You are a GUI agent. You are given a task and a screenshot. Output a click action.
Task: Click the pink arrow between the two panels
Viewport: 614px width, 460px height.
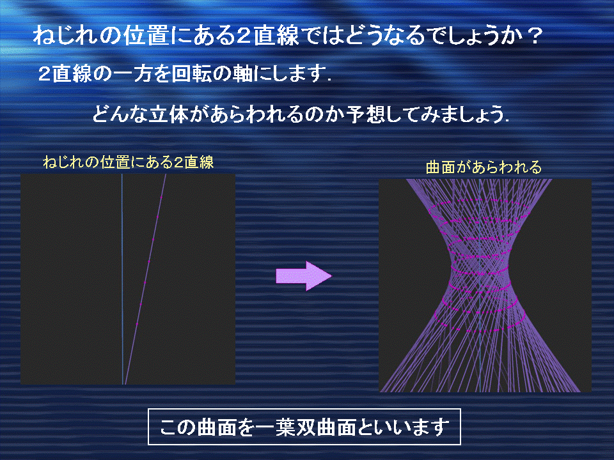point(303,276)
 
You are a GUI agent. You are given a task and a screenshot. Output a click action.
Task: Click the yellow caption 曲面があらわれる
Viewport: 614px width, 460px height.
point(484,167)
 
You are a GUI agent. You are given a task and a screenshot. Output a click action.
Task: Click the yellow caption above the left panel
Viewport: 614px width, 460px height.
point(129,162)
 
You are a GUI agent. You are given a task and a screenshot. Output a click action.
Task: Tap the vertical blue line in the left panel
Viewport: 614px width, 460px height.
point(122,279)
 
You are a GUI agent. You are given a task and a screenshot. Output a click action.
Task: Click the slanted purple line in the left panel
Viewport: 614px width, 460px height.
point(145,279)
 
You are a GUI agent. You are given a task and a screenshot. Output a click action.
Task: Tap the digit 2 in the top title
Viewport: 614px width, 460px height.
point(243,36)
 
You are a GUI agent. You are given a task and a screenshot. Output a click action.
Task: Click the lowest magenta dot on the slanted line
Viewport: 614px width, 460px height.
point(137,324)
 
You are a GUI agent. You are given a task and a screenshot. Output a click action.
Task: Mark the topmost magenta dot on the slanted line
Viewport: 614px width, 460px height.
point(161,197)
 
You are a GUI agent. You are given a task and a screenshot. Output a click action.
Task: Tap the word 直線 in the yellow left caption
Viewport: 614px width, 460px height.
point(200,162)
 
